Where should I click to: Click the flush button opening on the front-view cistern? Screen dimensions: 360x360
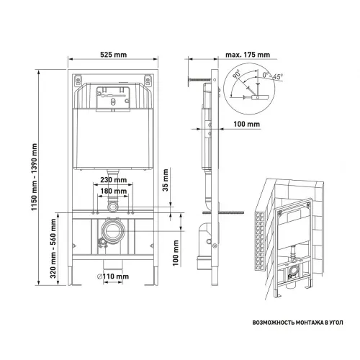tap(111, 95)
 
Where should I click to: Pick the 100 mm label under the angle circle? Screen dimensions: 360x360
tap(247, 125)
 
